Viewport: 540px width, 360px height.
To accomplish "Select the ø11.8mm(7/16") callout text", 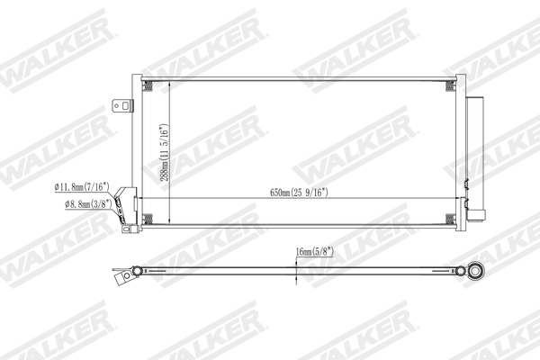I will pyautogui.click(x=82, y=186).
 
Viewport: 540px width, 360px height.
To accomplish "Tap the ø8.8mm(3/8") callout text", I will pyautogui.click(x=87, y=205).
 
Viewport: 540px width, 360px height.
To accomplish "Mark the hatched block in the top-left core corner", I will pyautogui.click(x=150, y=87).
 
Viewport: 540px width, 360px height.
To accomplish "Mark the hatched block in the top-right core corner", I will pyautogui.click(x=447, y=87).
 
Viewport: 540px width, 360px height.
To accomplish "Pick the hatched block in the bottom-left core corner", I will pyautogui.click(x=150, y=218).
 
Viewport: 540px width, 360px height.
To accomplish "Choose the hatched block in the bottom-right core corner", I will pyautogui.click(x=447, y=218).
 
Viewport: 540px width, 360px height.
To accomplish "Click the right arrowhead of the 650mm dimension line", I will pyautogui.click(x=453, y=198).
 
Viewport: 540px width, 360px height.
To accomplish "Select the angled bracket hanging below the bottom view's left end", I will pyautogui.click(x=120, y=282).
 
